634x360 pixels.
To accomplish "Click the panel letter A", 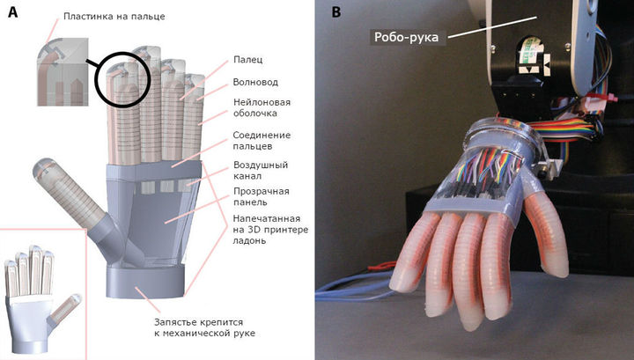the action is (13, 12).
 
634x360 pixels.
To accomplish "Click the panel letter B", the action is (336, 12).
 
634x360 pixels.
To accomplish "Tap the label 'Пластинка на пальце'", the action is (114, 17).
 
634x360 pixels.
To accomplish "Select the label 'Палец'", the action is (247, 60).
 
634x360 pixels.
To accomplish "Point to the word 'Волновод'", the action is (255, 82).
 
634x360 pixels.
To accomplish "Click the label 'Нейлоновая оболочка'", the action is (262, 107).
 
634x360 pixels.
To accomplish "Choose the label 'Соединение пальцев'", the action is (262, 141).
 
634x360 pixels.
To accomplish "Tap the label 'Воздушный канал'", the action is (261, 171).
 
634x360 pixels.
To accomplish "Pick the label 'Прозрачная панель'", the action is (262, 196).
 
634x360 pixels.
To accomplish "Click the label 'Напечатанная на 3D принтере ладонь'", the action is (270, 230).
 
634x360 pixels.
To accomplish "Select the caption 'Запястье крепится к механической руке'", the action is (204, 327).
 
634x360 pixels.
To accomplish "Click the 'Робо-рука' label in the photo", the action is (406, 37).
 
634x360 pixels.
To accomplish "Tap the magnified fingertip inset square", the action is (63, 72).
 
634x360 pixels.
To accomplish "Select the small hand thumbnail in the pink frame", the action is (42, 299).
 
